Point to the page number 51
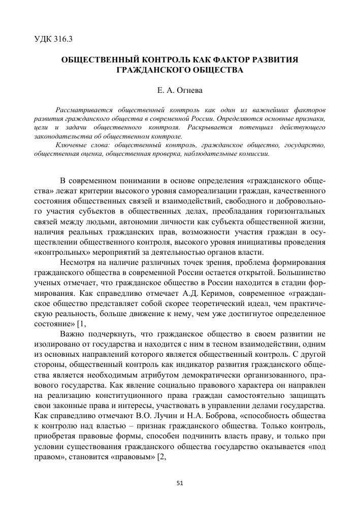(x=179, y=483)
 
